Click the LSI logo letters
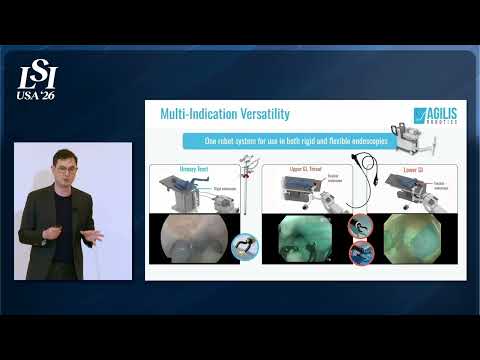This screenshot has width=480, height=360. pos(38,76)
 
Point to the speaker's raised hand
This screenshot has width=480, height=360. pos(92,236)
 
